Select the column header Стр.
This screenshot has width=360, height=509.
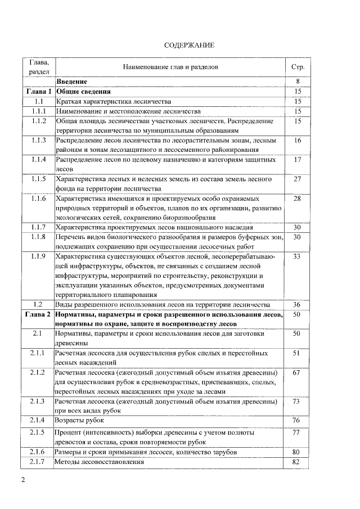(x=297, y=67)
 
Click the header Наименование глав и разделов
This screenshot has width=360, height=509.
(x=170, y=67)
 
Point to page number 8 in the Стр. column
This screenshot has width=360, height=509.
(x=297, y=82)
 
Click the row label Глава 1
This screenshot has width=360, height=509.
(x=38, y=92)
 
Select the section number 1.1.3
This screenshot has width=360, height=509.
(x=38, y=140)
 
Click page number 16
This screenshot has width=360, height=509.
(x=297, y=140)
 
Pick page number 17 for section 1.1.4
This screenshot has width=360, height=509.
(x=297, y=160)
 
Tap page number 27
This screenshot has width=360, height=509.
(x=297, y=179)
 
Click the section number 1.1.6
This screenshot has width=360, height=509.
(x=38, y=199)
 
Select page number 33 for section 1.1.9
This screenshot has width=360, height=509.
(x=297, y=256)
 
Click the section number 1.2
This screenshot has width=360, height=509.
(x=38, y=304)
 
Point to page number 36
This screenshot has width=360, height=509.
(x=297, y=304)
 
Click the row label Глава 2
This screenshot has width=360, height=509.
(x=38, y=314)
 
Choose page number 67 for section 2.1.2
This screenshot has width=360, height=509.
(x=297, y=372)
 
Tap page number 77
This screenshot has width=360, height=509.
(x=297, y=433)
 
